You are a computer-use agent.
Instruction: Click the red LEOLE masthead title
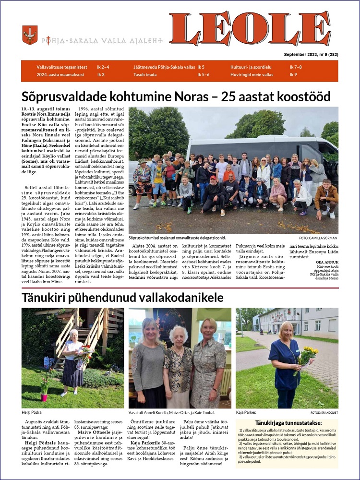point(250,29)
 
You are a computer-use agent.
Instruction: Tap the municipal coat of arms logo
point(30,35)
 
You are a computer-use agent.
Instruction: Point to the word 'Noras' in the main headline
point(188,96)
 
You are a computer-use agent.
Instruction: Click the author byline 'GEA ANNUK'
point(326,262)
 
